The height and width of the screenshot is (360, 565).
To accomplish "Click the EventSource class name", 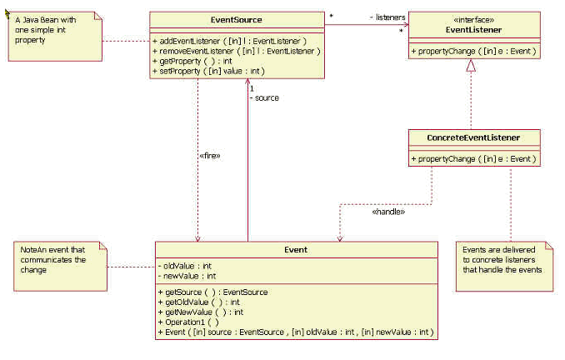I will click(237, 19).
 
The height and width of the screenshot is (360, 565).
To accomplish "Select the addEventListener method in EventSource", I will click(229, 41).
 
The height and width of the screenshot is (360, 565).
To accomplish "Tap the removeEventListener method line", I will click(237, 51).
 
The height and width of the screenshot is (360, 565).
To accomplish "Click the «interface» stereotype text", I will click(472, 17).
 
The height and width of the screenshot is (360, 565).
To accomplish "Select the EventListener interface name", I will click(472, 27).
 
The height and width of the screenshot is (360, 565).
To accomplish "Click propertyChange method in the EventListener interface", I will click(472, 52).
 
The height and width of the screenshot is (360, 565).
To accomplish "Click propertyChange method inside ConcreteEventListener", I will click(472, 158).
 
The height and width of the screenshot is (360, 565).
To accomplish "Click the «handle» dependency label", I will click(387, 212).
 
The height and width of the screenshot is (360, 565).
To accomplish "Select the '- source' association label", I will click(265, 97).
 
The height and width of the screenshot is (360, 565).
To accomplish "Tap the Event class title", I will click(295, 249).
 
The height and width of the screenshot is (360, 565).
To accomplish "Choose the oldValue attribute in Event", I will click(186, 266).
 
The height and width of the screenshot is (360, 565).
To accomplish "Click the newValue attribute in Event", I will click(187, 276).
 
